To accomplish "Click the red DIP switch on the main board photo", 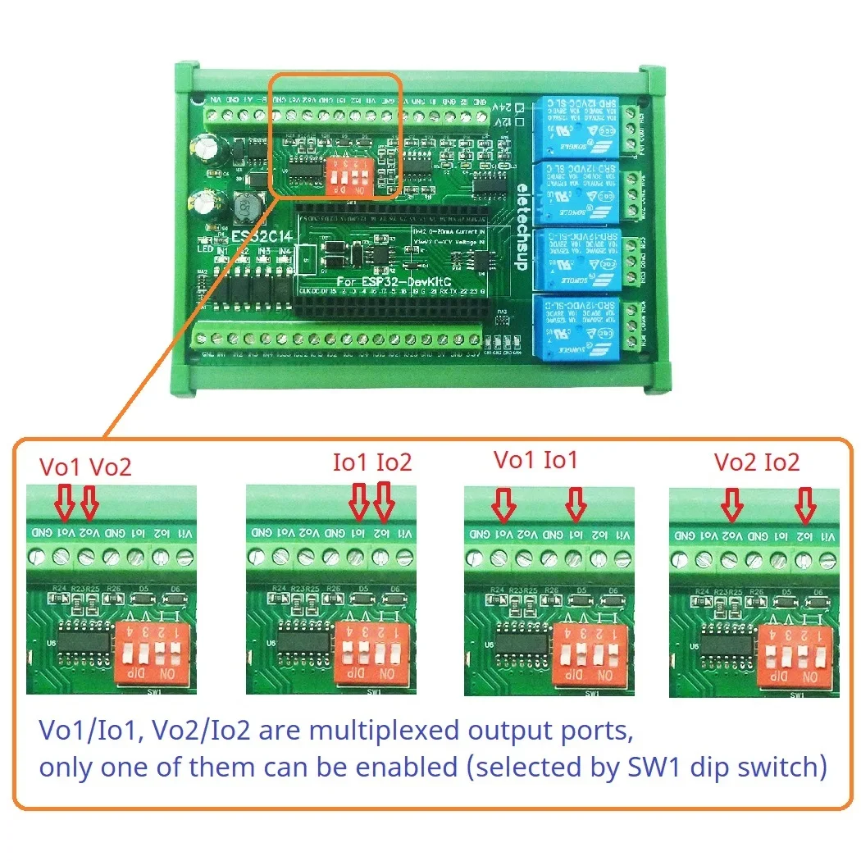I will (x=345, y=175).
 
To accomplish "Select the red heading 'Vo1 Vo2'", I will (x=85, y=467).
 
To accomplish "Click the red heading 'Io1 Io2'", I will (x=371, y=462).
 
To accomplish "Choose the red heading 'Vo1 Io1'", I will (x=535, y=460).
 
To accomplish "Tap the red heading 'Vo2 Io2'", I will (x=756, y=462).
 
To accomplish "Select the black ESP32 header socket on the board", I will (x=394, y=307).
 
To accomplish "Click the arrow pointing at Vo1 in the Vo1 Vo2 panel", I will (x=65, y=501).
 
